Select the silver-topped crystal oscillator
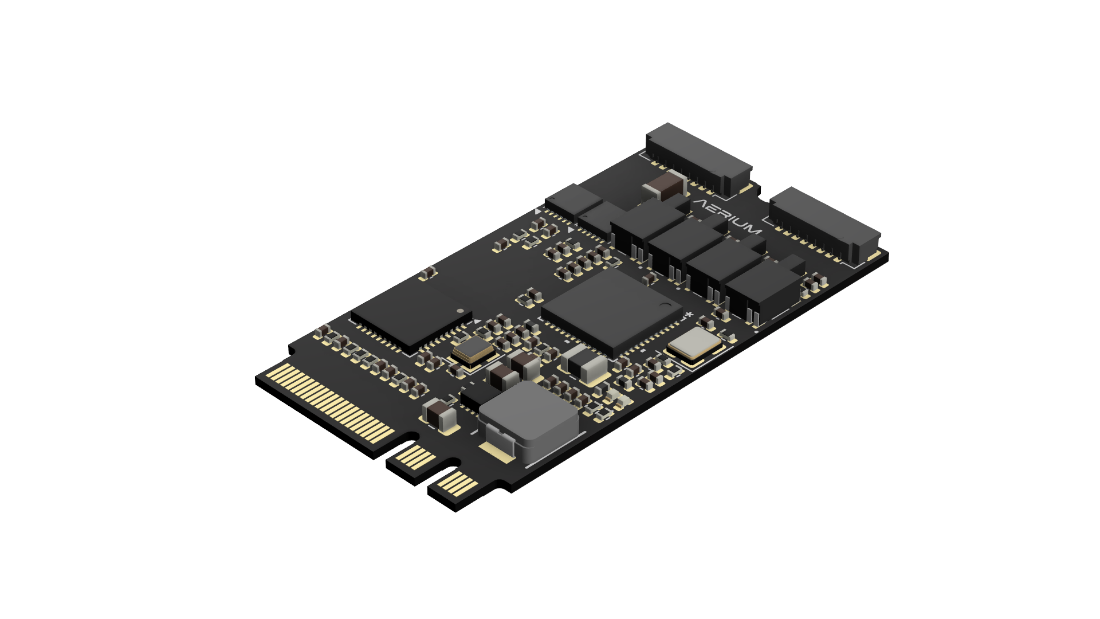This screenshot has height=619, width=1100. (x=694, y=344)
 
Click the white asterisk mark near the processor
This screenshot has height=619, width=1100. (x=689, y=315)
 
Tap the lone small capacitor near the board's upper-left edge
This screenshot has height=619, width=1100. (x=427, y=273)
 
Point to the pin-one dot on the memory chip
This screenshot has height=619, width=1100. (x=460, y=311)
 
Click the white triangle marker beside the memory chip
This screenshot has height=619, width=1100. (x=476, y=322)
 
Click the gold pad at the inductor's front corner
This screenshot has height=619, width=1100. (x=497, y=453)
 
